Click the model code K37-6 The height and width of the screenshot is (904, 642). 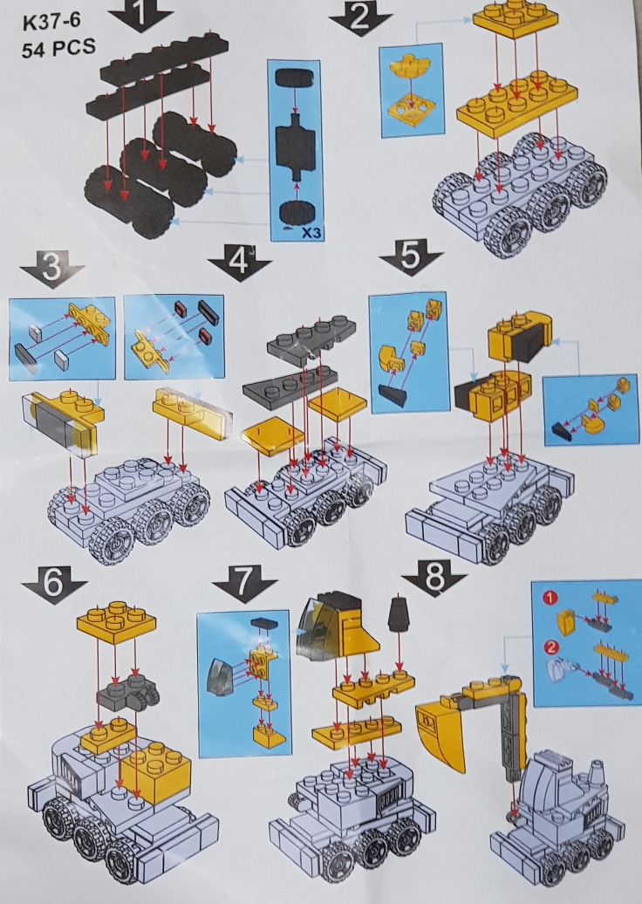coord(51,23)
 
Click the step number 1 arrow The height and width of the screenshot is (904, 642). coord(140,14)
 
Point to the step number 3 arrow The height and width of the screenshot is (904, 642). coord(51,270)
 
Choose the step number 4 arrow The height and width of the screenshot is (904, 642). coord(239,263)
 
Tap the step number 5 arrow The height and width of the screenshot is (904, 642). coord(411,257)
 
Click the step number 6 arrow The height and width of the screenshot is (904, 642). coord(54,585)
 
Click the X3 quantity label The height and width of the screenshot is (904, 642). coord(311,234)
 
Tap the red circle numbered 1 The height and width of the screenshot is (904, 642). coord(550,598)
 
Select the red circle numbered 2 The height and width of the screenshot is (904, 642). coord(550,647)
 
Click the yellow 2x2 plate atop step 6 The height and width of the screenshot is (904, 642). coord(116,620)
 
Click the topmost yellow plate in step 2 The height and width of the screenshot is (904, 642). coord(516,17)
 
